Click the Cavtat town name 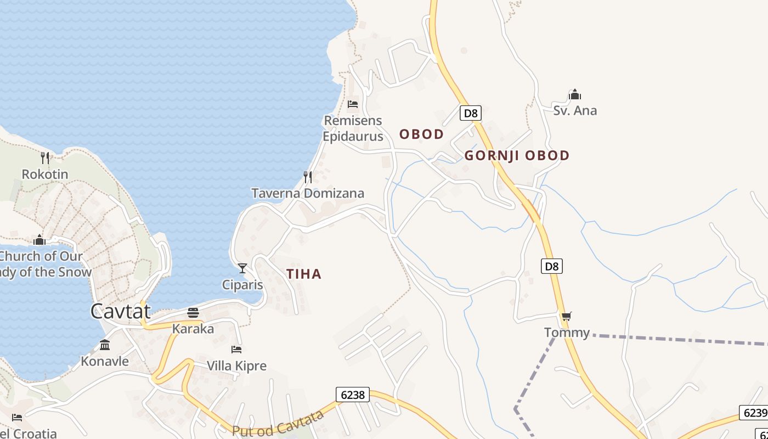120,311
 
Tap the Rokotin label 45,175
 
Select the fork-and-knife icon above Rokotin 45,158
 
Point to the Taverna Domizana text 308,193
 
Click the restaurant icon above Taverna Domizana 308,177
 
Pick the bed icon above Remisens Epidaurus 353,104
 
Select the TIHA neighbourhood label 304,274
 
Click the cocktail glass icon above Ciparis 242,268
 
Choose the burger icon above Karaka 193,313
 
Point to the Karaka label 193,329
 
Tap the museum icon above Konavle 105,345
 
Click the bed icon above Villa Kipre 236,349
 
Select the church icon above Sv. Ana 575,94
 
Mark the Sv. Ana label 575,110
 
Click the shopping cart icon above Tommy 567,316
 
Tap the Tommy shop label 567,333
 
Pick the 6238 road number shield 353,395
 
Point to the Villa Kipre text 236,365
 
